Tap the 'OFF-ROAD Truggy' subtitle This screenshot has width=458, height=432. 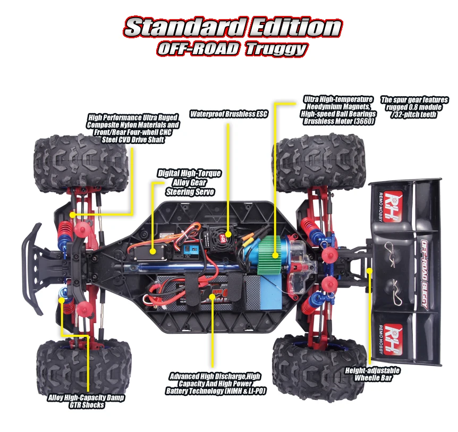point(232,49)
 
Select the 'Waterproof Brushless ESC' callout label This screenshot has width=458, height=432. point(229,114)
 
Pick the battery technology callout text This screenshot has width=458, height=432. point(215,383)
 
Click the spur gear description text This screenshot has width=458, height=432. point(414,107)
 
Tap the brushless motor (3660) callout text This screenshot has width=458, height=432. point(338,110)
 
